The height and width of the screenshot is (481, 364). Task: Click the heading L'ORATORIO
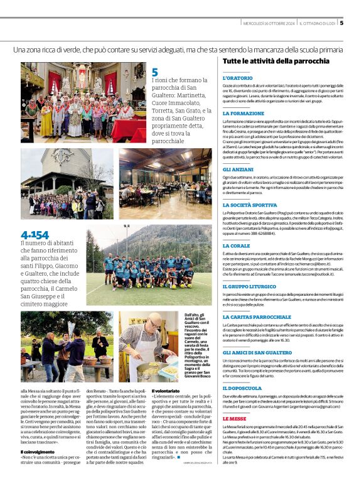(236, 78)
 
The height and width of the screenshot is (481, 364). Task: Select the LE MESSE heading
(234, 418)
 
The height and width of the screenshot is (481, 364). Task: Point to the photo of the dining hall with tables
(165, 183)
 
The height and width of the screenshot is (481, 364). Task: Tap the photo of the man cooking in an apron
(148, 346)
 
